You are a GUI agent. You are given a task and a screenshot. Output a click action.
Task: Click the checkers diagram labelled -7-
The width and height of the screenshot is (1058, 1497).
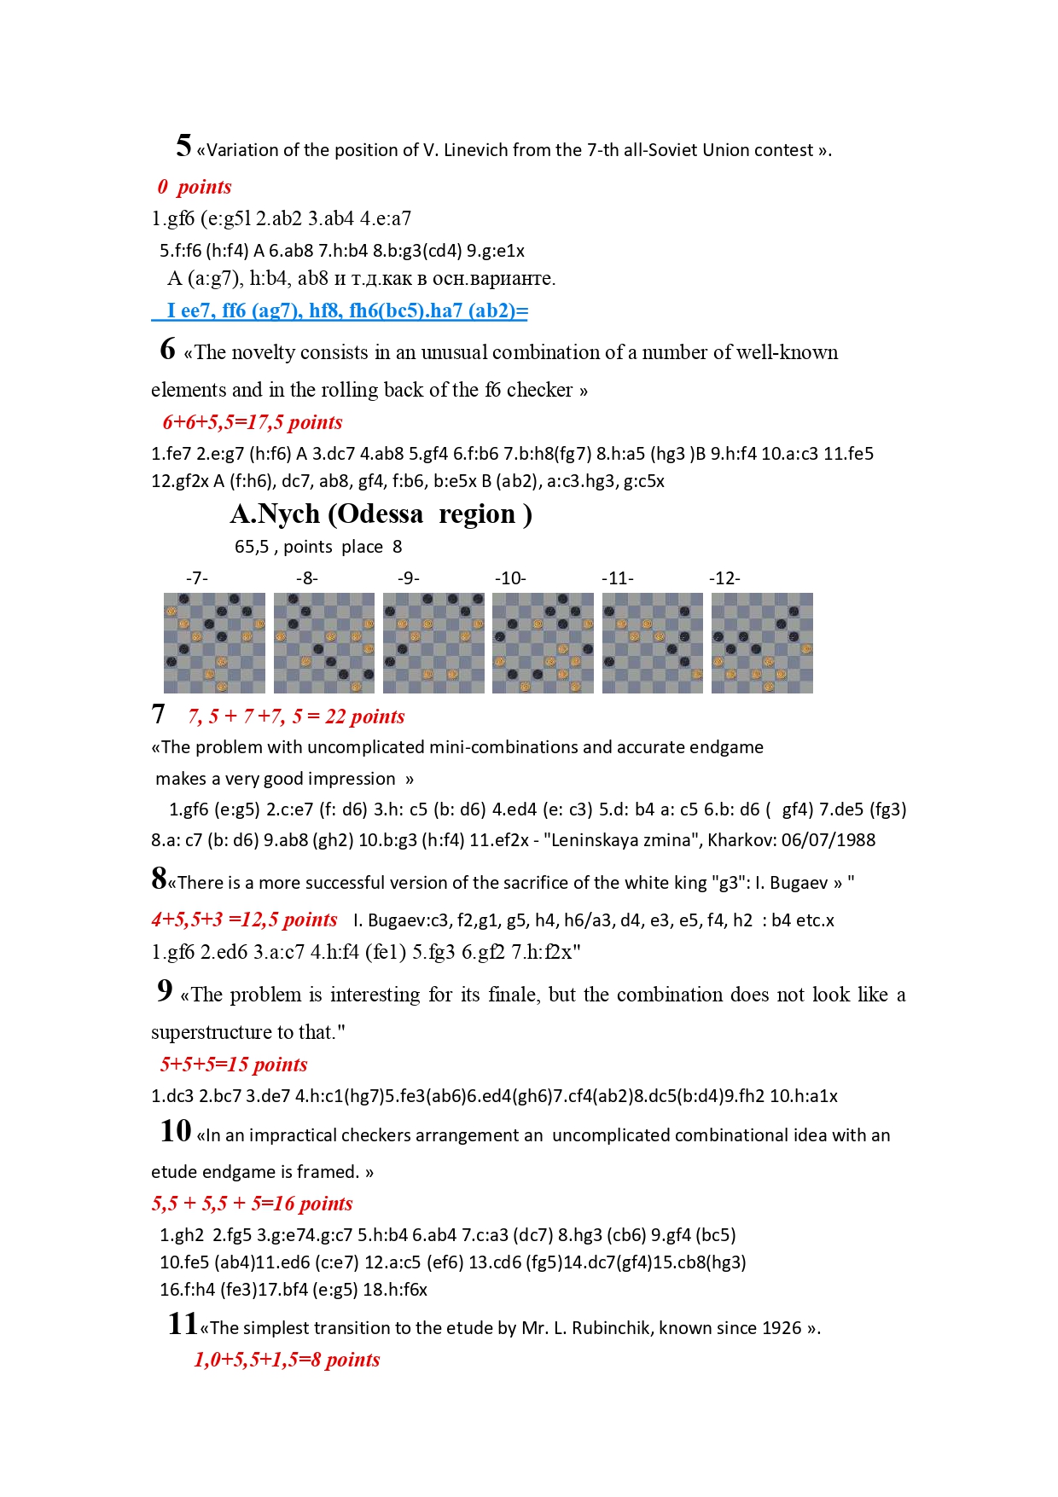[x=214, y=642]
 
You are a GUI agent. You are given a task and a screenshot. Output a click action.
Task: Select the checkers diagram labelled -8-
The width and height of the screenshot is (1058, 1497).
[x=324, y=642]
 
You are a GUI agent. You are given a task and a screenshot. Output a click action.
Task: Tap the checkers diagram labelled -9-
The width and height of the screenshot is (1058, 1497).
[x=433, y=642]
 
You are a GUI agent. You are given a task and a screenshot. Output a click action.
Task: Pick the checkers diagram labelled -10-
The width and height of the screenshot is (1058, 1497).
[x=543, y=642]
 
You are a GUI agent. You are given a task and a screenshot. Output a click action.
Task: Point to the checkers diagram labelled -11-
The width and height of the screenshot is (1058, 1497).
[x=653, y=642]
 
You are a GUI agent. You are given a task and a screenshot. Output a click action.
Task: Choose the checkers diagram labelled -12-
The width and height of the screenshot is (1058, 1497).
[x=762, y=642]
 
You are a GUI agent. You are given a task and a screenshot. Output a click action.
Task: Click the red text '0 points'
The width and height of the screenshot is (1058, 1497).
[x=195, y=187]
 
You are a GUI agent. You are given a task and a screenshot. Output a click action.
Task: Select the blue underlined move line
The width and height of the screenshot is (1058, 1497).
[x=340, y=310]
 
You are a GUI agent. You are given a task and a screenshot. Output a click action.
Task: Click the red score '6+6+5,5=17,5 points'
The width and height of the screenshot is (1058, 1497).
[x=253, y=422]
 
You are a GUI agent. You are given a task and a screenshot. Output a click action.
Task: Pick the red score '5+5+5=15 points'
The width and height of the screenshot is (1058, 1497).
[x=234, y=1065]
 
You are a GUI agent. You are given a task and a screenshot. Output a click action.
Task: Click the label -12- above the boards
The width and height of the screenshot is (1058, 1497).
[x=724, y=578]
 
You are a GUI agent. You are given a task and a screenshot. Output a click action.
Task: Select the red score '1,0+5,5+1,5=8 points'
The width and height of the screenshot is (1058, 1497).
[x=287, y=1360]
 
